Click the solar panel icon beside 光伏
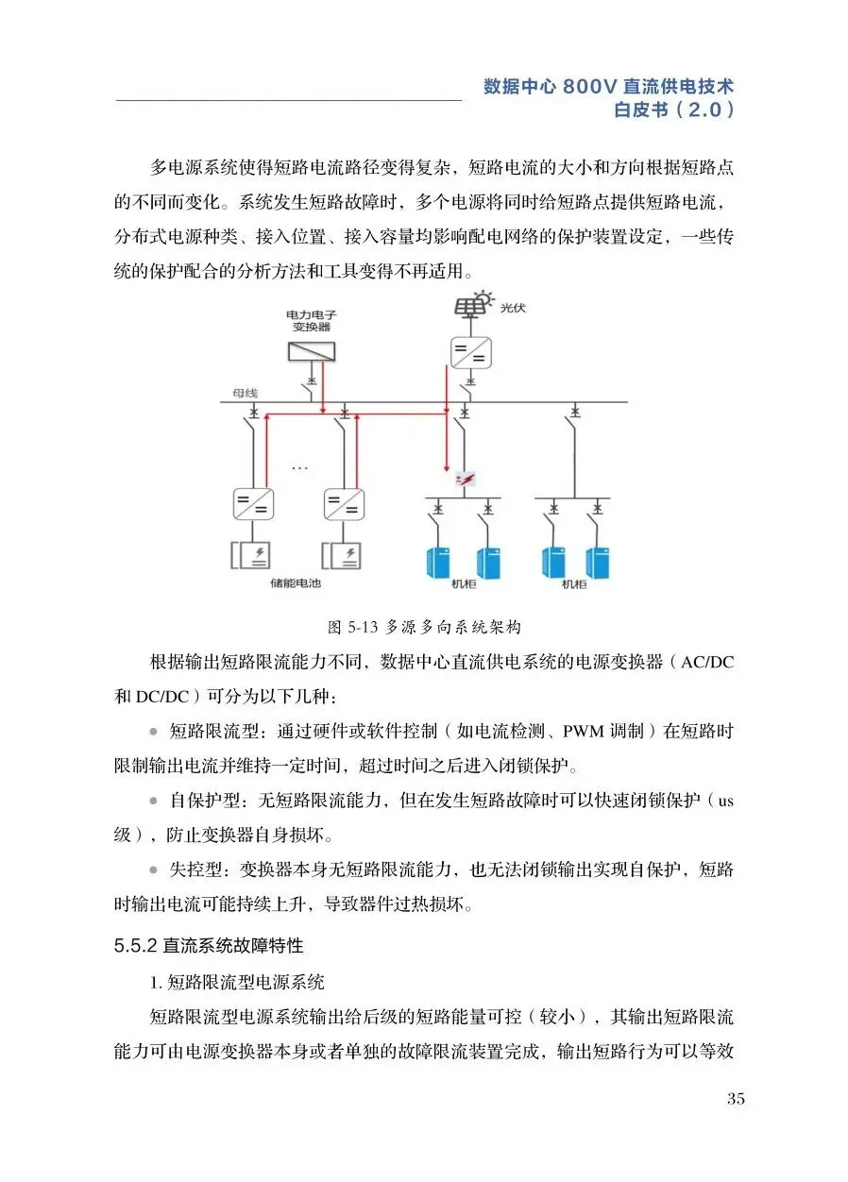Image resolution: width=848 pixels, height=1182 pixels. [x=471, y=307]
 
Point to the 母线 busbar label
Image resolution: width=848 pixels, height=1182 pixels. [x=246, y=392]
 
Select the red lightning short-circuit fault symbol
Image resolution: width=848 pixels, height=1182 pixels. [x=464, y=481]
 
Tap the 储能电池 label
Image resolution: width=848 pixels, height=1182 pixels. [x=296, y=583]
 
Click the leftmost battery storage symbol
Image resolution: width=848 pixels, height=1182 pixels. [x=251, y=554]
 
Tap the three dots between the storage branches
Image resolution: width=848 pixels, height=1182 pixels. [x=300, y=467]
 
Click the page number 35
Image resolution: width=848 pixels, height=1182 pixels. [x=737, y=1098]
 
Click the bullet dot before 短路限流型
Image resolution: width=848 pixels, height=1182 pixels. [x=154, y=731]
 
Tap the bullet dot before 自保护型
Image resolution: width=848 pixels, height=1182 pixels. [x=154, y=802]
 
